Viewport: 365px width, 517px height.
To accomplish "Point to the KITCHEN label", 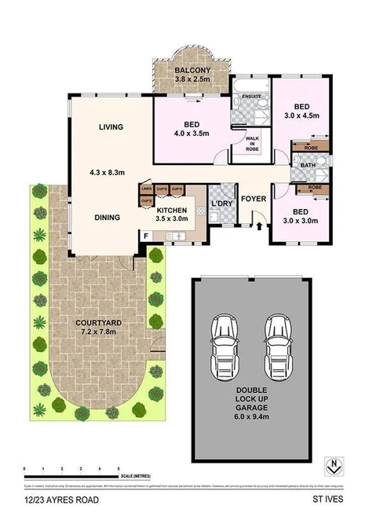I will click(171, 211).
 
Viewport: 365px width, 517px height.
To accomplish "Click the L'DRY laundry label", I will click(222, 205).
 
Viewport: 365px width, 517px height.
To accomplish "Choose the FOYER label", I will click(254, 199).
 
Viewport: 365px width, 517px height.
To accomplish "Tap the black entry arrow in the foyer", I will click(260, 227).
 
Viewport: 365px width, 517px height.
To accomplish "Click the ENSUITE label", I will click(250, 96).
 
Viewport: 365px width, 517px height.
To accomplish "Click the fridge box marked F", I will click(145, 236).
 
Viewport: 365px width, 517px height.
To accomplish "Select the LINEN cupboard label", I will click(146, 189).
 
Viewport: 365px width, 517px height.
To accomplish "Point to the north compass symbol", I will click(335, 464).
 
